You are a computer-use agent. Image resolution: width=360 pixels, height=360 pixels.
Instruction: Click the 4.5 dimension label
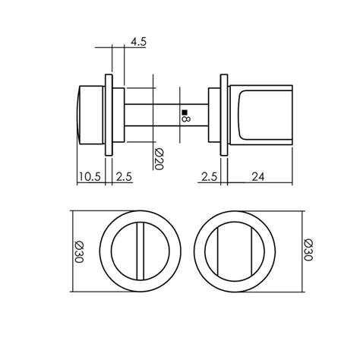[x=138, y=42]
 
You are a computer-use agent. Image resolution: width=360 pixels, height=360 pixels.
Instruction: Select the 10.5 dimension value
[x=90, y=176]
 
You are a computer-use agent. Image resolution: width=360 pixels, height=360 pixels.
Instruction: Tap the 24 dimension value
[x=258, y=176]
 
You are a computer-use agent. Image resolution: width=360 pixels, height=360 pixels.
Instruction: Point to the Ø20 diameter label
[x=159, y=159]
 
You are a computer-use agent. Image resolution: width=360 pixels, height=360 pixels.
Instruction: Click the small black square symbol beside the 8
[x=185, y=112]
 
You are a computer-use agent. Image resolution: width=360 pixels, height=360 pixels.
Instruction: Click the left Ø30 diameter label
[x=79, y=252]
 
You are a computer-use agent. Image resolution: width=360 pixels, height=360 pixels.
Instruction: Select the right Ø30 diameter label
[x=309, y=250]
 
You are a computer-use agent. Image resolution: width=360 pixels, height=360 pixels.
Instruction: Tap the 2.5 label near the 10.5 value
[x=124, y=176]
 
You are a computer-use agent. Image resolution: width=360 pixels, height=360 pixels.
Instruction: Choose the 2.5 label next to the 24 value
[x=210, y=176]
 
